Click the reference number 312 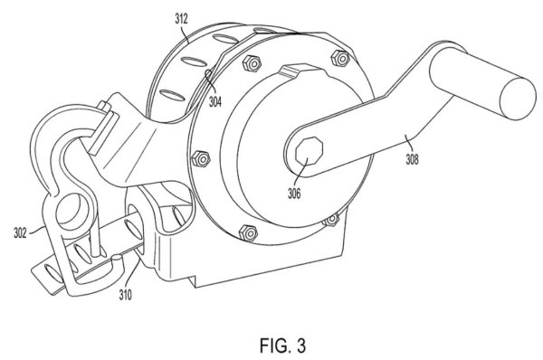(x=181, y=19)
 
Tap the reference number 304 (x=215, y=102)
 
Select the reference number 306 (x=294, y=194)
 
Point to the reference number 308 (x=412, y=159)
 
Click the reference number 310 (x=126, y=295)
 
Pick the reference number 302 (x=20, y=232)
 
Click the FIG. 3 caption (x=283, y=346)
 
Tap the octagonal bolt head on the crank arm (x=309, y=151)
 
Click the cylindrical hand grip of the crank (x=482, y=83)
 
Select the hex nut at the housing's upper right (x=341, y=59)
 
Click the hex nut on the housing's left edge (x=201, y=159)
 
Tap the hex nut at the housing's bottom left (x=248, y=232)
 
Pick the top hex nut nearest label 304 (x=252, y=63)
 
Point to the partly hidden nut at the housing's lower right (x=332, y=219)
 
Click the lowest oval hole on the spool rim (x=172, y=94)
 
